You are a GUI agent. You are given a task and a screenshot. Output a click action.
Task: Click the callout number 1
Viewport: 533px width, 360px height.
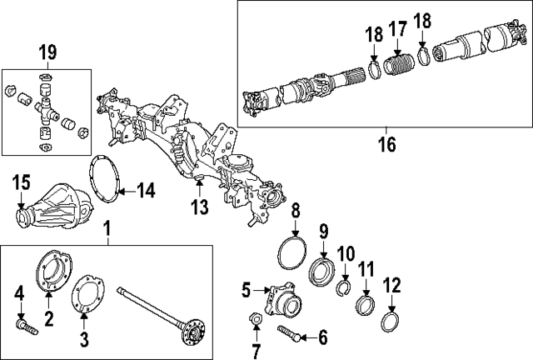107,227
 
